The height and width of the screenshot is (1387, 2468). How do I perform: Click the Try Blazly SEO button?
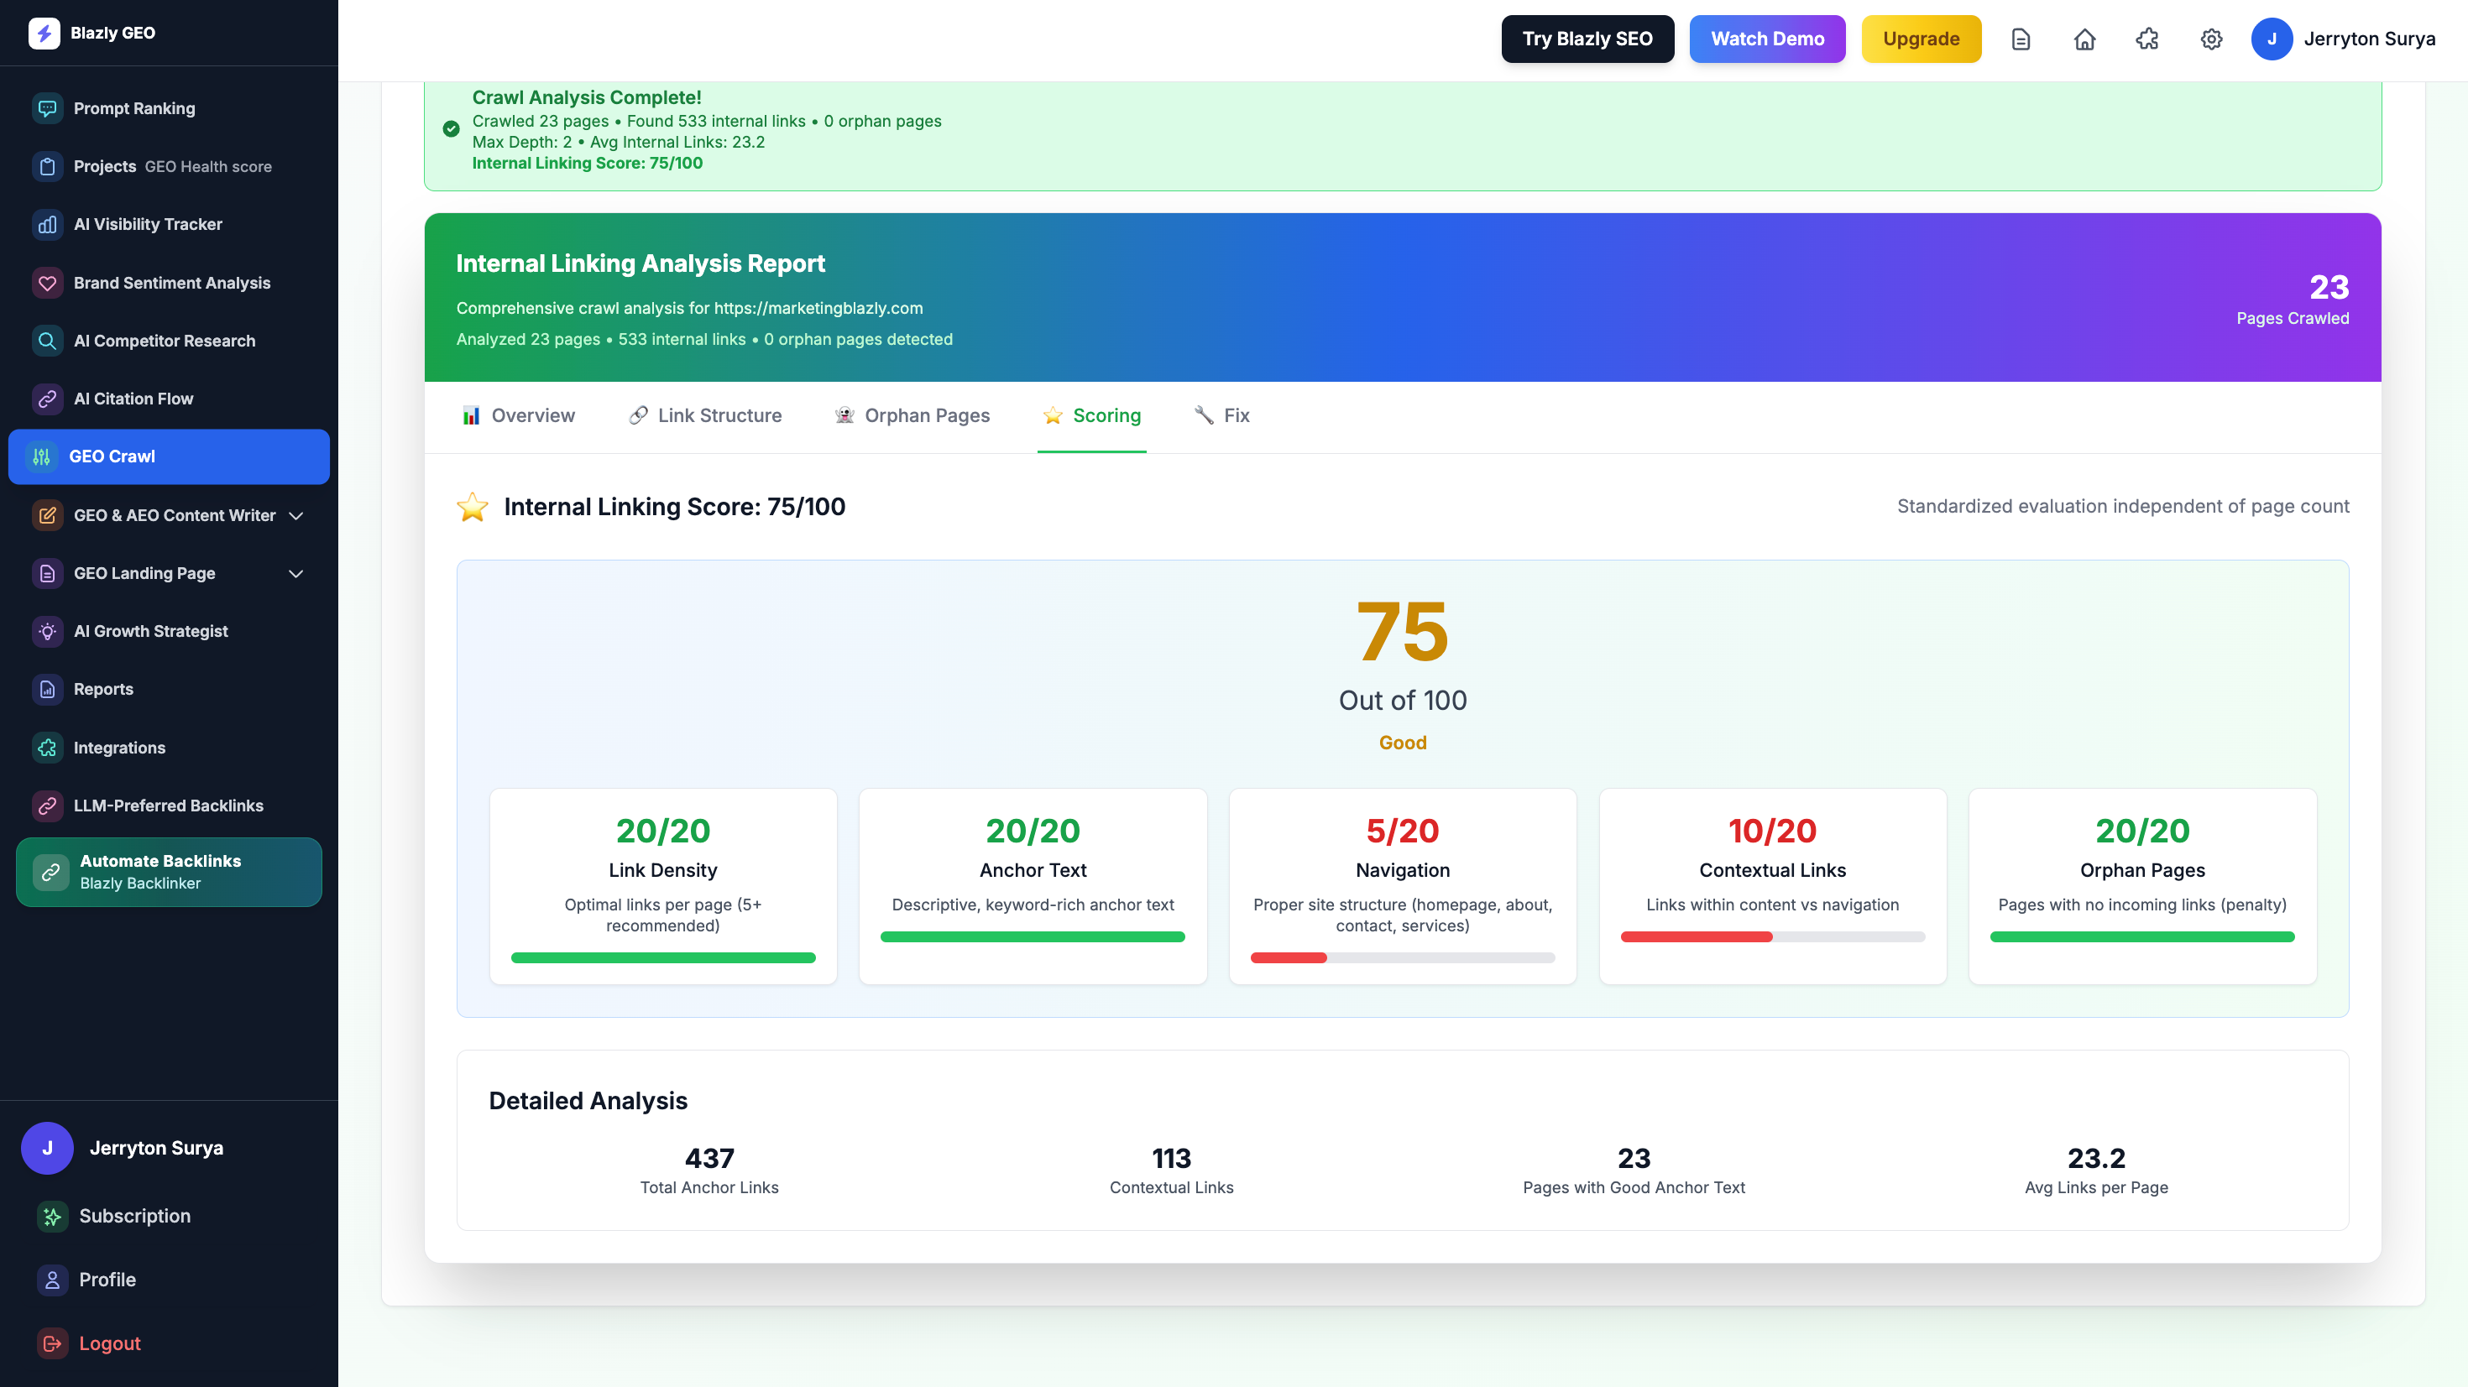[x=1587, y=39]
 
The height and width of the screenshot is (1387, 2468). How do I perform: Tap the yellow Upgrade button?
[x=1920, y=39]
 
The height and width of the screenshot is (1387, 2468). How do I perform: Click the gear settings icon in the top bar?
[x=2210, y=39]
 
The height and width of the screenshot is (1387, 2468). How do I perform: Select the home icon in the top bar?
[x=2084, y=39]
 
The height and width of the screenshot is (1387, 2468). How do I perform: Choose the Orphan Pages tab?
[x=912, y=415]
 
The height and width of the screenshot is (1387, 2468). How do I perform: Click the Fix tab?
[x=1221, y=415]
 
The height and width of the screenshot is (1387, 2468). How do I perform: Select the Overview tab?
[x=518, y=415]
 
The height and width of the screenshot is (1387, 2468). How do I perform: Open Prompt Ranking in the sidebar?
[x=134, y=108]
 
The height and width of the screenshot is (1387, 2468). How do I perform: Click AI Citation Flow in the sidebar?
[x=133, y=399]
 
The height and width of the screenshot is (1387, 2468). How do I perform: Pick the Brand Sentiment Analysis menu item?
[x=171, y=283]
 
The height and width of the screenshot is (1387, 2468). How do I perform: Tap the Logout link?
[x=109, y=1343]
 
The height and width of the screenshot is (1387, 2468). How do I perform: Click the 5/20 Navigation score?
[x=1403, y=831]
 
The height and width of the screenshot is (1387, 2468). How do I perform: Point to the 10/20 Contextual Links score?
[x=1772, y=831]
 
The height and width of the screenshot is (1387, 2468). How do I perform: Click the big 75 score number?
[x=1403, y=631]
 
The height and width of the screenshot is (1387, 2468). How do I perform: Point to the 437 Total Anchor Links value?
[x=709, y=1158]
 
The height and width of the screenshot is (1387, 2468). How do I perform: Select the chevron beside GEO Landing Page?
[x=296, y=574]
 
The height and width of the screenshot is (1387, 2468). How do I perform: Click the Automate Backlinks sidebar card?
[x=169, y=872]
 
